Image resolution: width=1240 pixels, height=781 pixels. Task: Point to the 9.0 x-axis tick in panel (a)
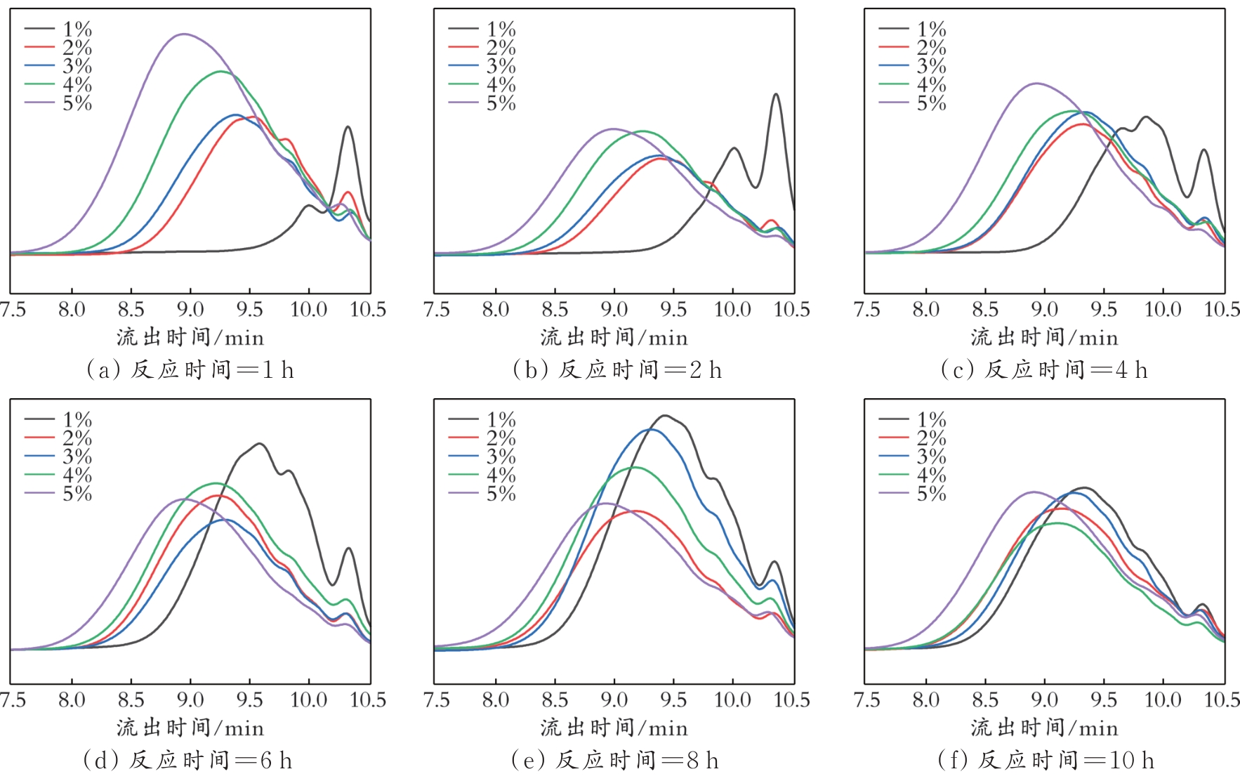(190, 310)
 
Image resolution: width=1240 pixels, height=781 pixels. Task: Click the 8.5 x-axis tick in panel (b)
(555, 310)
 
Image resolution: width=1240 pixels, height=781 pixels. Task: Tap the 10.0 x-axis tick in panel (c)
(1163, 310)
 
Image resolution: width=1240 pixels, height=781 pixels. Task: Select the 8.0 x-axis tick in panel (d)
(72, 700)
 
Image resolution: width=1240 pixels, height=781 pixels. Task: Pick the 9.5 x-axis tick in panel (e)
(673, 700)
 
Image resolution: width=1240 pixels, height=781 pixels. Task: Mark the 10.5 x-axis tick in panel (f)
(1222, 700)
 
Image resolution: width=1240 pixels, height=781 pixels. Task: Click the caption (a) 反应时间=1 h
(190, 370)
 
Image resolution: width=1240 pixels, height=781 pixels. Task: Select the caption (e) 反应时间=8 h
(615, 761)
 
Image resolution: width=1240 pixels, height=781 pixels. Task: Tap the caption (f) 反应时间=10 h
(1046, 761)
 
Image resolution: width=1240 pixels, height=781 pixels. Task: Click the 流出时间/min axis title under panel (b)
(614, 338)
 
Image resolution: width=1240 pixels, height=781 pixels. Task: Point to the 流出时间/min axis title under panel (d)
(190, 728)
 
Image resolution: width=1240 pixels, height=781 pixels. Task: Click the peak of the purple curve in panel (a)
(184, 34)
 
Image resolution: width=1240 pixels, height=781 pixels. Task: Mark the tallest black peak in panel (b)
(776, 94)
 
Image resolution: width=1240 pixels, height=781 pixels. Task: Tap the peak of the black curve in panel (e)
(664, 416)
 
